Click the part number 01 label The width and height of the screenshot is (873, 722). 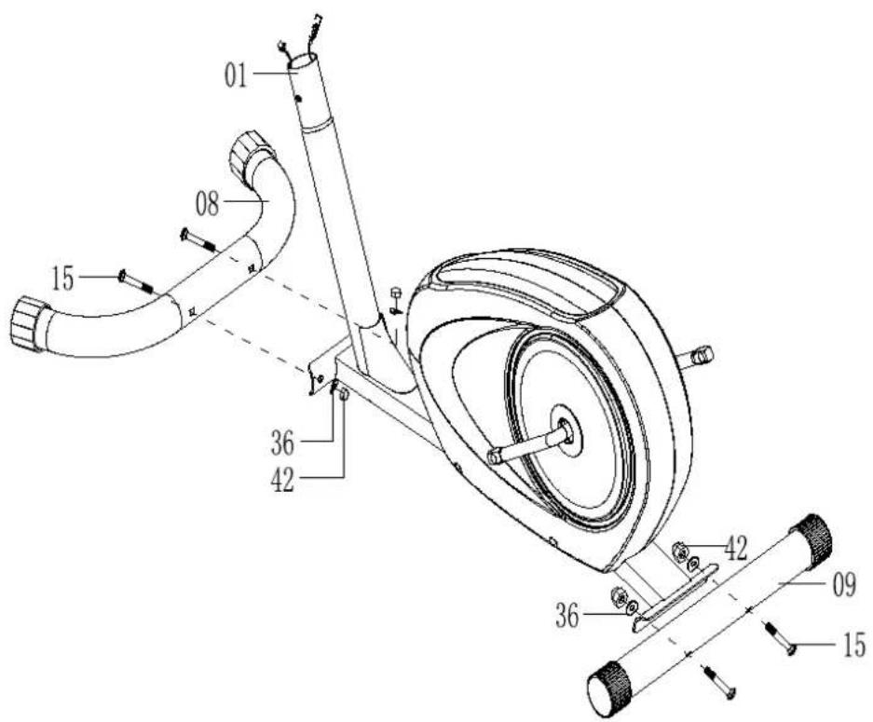pyautogui.click(x=235, y=75)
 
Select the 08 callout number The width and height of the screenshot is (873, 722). pyautogui.click(x=207, y=204)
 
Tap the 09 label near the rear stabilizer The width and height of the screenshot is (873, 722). pyautogui.click(x=843, y=584)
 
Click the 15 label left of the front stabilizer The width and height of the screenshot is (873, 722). pyautogui.click(x=63, y=279)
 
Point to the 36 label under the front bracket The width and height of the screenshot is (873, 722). pyautogui.click(x=282, y=443)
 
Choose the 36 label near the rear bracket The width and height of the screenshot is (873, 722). pyautogui.click(x=567, y=617)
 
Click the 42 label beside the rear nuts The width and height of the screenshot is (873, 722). pyautogui.click(x=735, y=549)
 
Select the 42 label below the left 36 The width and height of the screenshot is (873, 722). pyautogui.click(x=282, y=480)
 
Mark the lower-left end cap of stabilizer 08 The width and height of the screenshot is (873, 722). pyautogui.click(x=28, y=323)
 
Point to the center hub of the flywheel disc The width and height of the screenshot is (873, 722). pyautogui.click(x=566, y=429)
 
